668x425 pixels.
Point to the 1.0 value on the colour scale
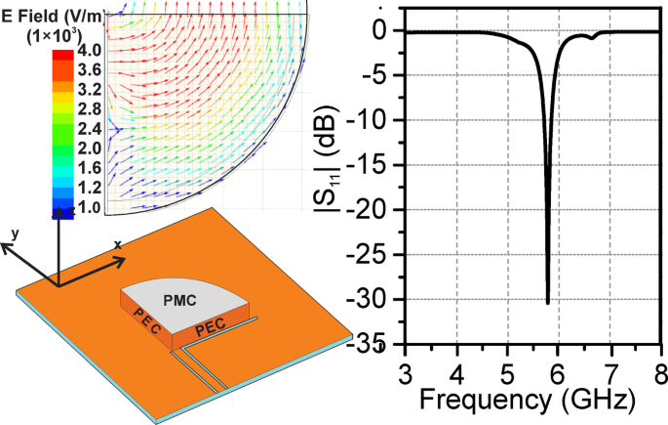pos(89,208)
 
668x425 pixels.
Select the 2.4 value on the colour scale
pos(89,129)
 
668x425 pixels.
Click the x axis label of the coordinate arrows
pos(118,244)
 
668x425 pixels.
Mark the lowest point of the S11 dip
pos(547,303)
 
